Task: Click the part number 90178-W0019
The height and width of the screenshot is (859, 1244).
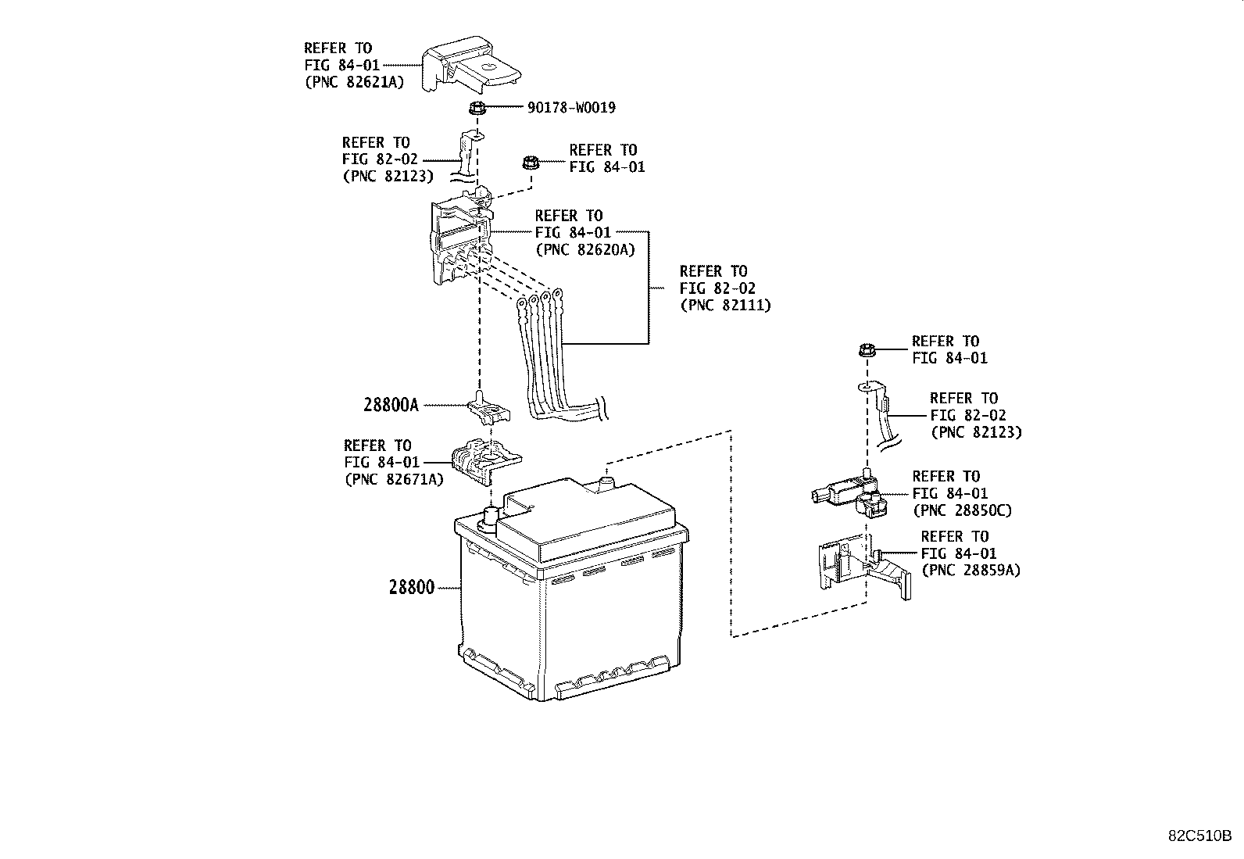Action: coord(570,108)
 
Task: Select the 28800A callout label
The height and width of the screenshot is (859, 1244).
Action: coord(391,405)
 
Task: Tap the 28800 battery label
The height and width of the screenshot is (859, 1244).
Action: coord(411,586)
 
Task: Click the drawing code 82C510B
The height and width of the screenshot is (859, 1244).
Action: coord(1199,836)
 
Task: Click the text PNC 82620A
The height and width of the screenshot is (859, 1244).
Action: coord(584,249)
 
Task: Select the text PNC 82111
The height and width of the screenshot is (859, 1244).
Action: coord(725,305)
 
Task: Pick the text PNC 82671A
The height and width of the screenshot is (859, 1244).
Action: coord(393,479)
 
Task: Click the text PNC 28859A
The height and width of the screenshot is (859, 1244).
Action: coord(971,571)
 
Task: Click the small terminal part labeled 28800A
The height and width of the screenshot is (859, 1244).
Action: coord(487,409)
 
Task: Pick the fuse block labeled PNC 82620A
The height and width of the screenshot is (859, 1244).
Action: coord(461,242)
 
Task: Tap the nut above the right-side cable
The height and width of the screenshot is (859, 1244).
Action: coord(865,350)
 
